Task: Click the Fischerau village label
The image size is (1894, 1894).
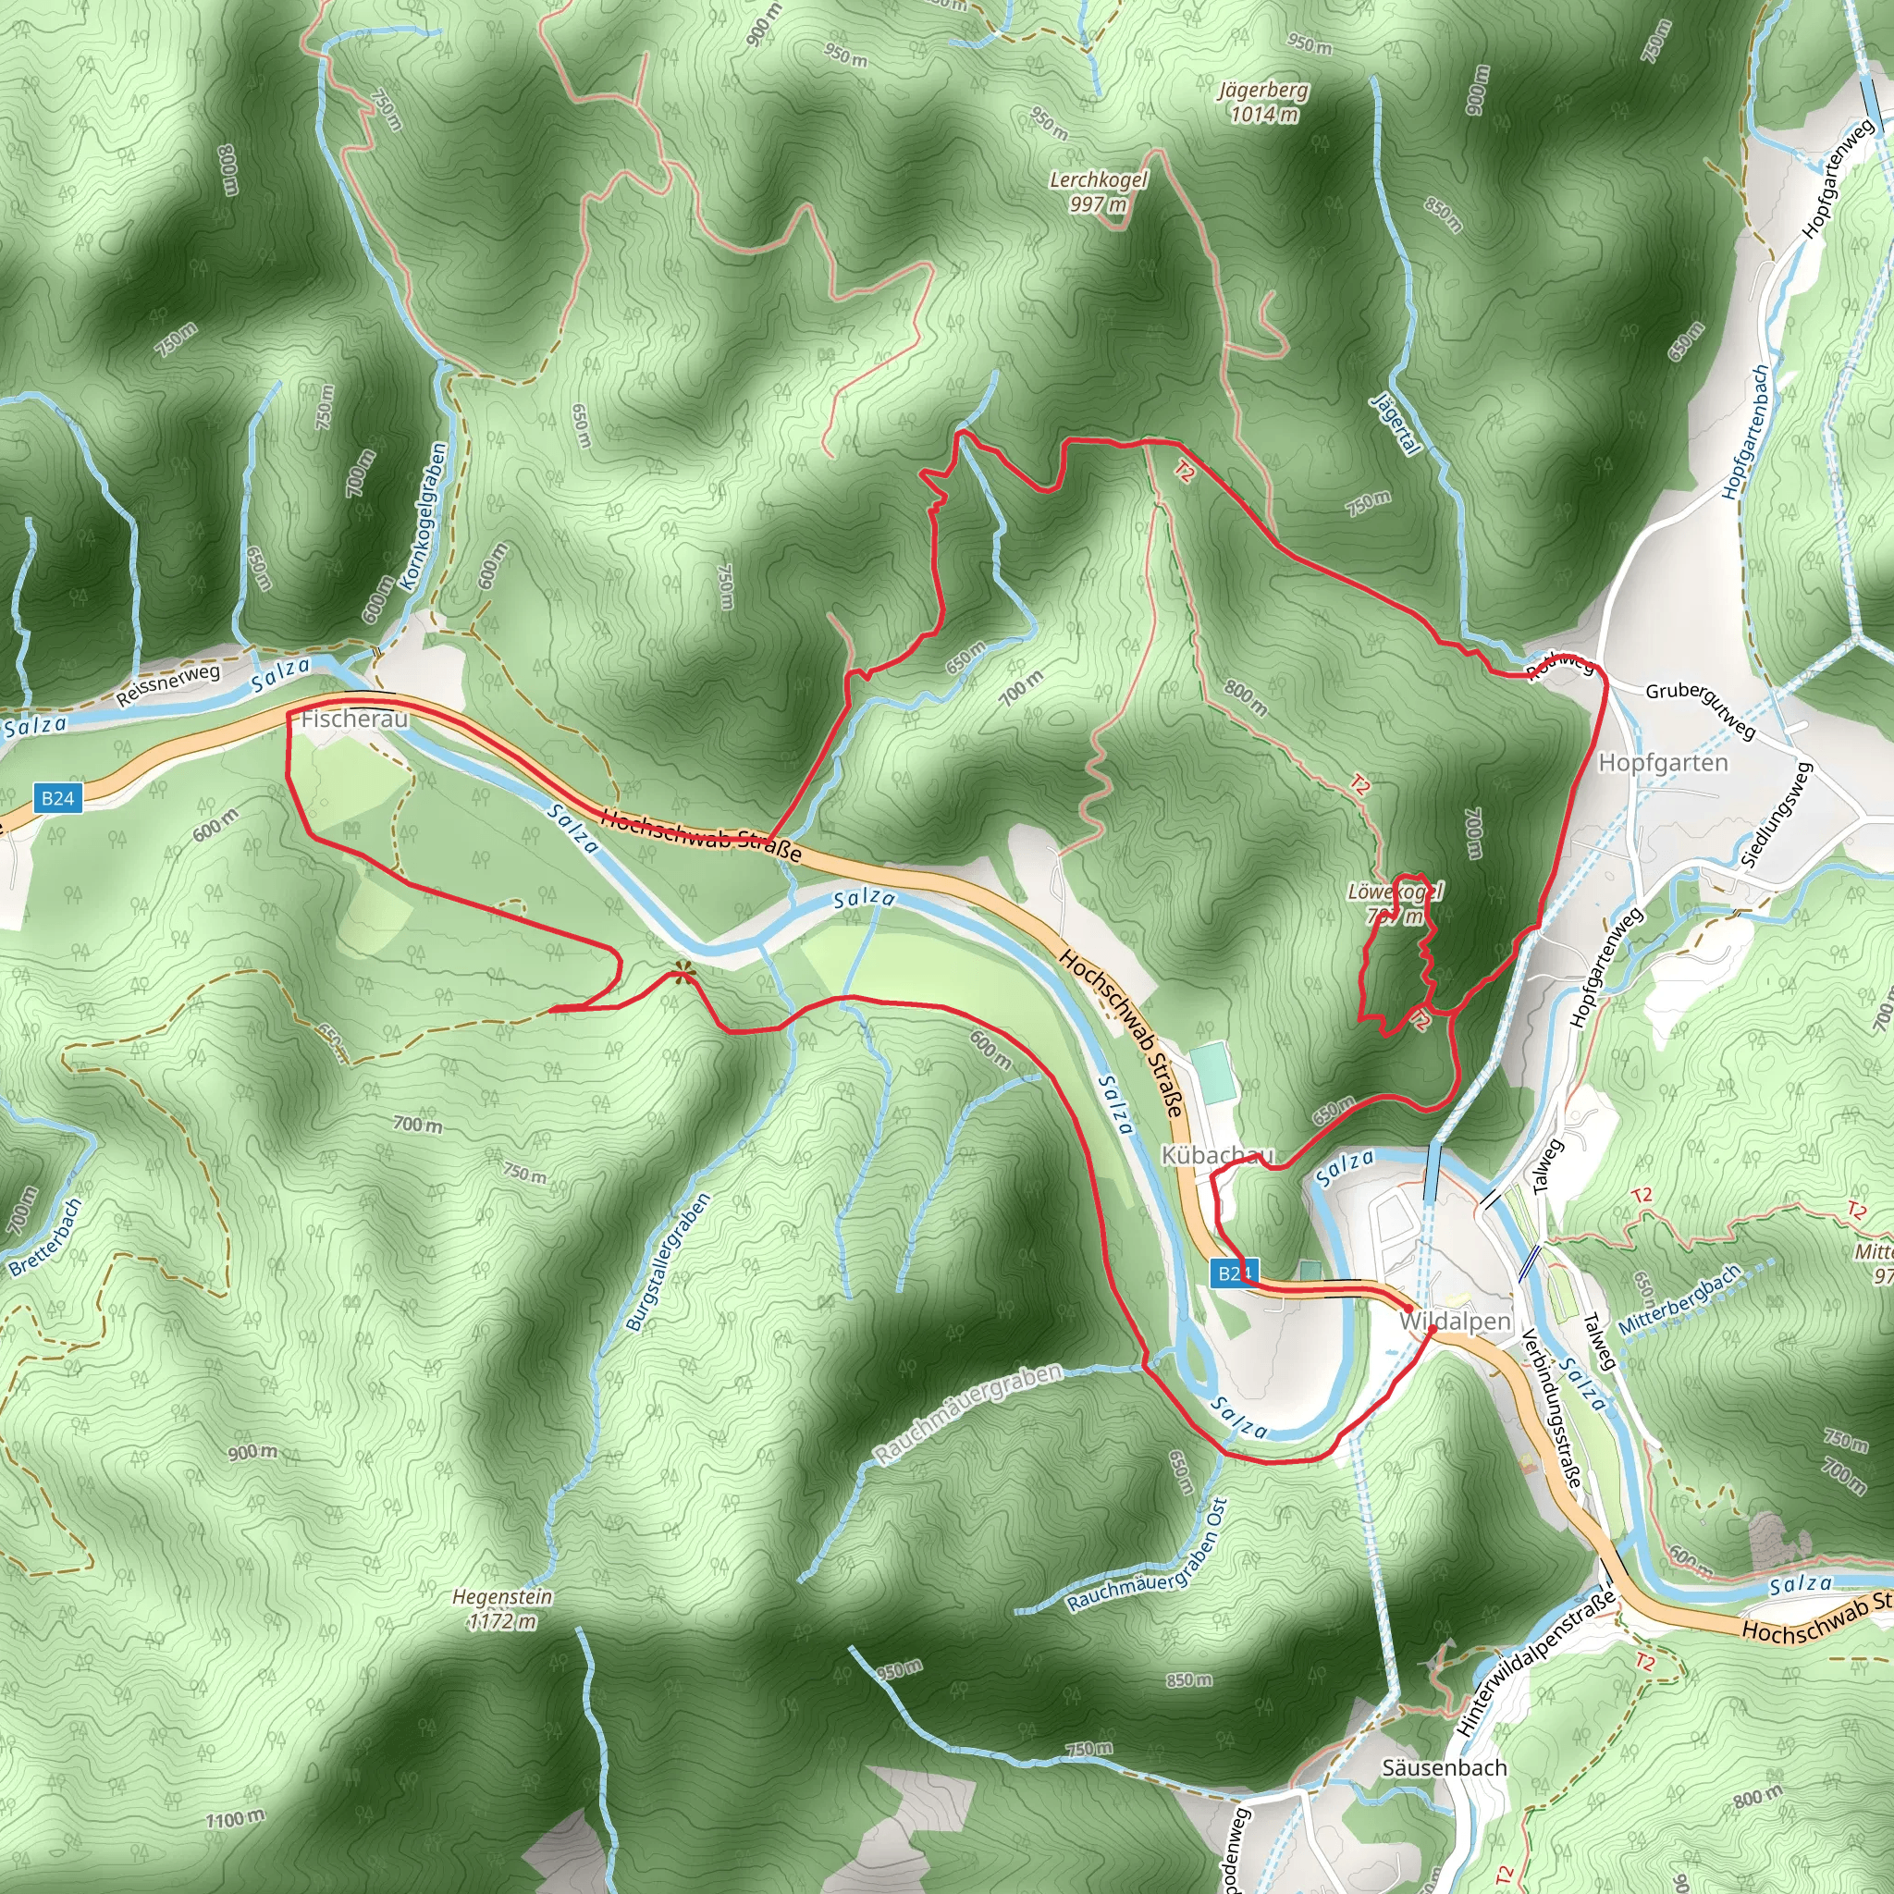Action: coord(354,719)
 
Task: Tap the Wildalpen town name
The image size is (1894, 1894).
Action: coord(1455,1322)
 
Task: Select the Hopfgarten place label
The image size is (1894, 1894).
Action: coord(1663,763)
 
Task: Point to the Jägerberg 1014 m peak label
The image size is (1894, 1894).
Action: coord(1263,102)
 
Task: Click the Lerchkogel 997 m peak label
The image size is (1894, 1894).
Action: coord(1098,192)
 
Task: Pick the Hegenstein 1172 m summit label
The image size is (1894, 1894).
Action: coord(502,1609)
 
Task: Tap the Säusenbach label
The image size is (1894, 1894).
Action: coord(1444,1767)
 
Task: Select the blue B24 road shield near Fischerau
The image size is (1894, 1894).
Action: coord(56,798)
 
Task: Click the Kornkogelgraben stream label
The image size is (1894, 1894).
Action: coord(424,517)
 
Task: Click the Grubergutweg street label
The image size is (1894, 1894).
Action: coord(1701,708)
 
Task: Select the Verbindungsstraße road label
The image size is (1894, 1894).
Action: coord(1551,1408)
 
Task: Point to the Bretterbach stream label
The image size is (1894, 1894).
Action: coord(45,1237)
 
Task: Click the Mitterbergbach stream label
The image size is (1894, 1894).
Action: coord(1679,1299)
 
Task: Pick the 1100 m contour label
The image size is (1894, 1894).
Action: coord(235,1819)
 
